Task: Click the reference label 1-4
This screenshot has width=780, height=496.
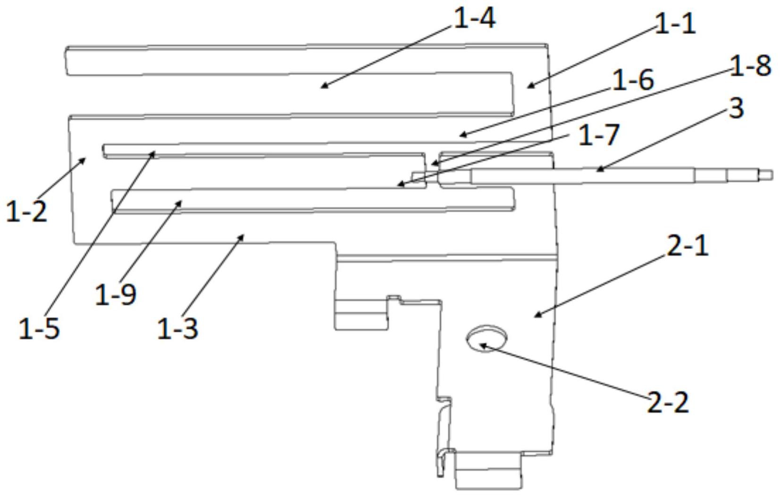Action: tap(474, 19)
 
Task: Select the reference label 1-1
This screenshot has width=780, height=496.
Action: tap(676, 23)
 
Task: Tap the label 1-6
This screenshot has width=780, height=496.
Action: tap(633, 79)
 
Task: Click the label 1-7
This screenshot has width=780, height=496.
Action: tap(598, 135)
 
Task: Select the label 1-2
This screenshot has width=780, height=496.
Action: tap(26, 211)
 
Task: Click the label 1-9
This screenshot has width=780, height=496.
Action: tap(116, 294)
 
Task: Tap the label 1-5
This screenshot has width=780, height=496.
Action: tap(39, 328)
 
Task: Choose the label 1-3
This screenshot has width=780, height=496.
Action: tap(177, 328)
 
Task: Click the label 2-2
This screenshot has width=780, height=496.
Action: tap(667, 403)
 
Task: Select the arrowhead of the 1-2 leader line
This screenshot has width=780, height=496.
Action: tap(85, 159)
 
